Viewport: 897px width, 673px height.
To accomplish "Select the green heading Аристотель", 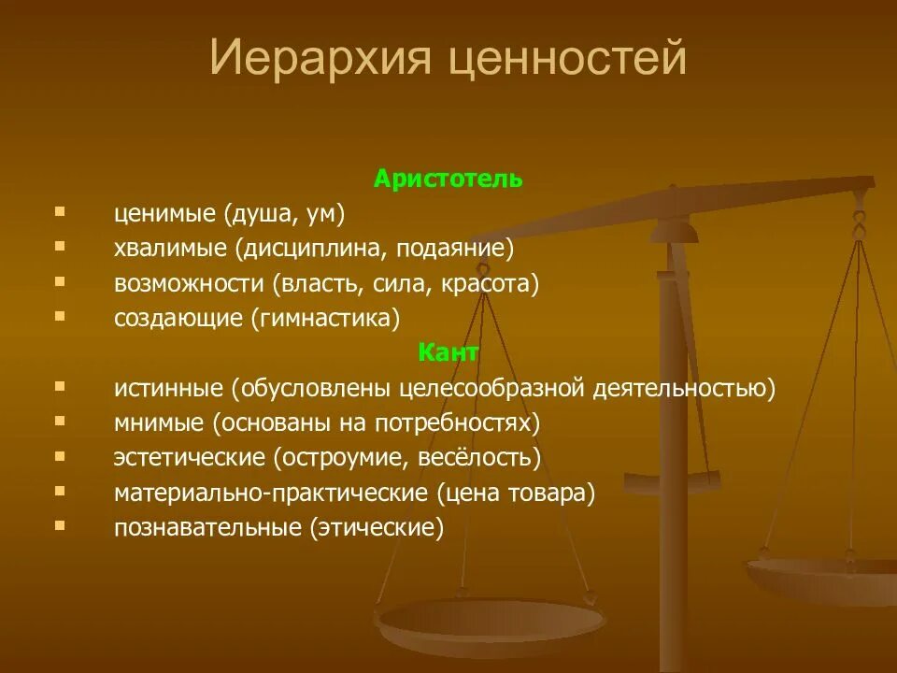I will tap(448, 179).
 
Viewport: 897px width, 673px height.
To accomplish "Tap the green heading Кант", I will tap(448, 352).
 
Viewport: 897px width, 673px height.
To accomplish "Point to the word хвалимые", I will tap(171, 249).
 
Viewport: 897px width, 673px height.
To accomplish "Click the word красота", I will tap(496, 283).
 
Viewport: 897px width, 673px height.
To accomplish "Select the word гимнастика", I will tap(325, 318).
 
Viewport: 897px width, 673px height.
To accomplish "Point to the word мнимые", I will tap(159, 422).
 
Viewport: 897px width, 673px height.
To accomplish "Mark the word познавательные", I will tap(208, 526).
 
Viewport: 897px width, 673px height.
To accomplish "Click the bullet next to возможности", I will tap(61, 280).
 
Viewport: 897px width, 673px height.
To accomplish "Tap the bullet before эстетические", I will tap(61, 454).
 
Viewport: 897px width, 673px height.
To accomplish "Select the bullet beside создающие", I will tap(61, 315).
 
